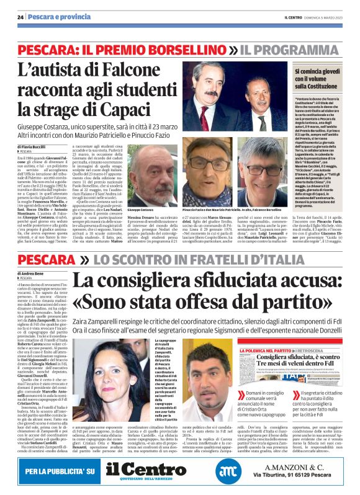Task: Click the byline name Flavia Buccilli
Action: [x=37, y=146]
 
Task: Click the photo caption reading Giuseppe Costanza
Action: [x=141, y=212]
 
